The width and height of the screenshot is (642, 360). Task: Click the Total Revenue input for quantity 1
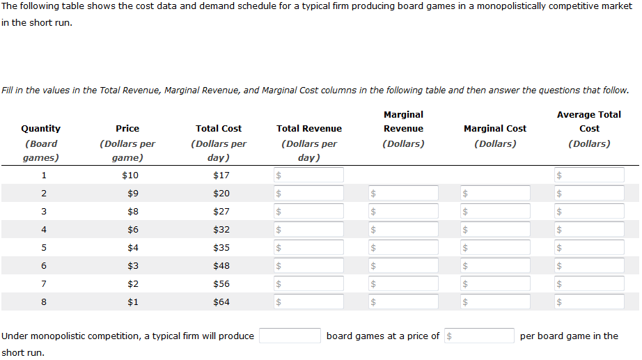[309, 175]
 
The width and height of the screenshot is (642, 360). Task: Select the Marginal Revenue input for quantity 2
[404, 193]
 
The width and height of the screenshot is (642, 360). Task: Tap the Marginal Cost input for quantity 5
[495, 247]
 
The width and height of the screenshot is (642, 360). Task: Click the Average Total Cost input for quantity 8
[589, 302]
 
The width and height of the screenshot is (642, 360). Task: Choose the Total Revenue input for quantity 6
[309, 265]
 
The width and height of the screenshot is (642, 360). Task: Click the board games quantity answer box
[290, 336]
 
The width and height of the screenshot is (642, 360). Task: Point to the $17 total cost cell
[221, 175]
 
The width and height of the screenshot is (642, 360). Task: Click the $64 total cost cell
[221, 302]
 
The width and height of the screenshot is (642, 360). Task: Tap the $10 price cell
[130, 175]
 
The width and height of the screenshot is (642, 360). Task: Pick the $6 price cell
[130, 229]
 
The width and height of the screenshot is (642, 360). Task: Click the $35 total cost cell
[221, 247]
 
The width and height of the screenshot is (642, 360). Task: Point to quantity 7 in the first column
[44, 283]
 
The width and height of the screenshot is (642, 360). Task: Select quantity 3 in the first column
[44, 211]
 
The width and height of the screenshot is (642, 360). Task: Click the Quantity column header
[41, 128]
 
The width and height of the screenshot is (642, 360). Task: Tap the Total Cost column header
[219, 128]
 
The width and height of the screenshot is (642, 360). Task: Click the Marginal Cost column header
[495, 128]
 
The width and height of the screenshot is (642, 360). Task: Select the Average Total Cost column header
[589, 121]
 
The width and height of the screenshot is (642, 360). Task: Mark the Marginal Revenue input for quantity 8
[404, 302]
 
